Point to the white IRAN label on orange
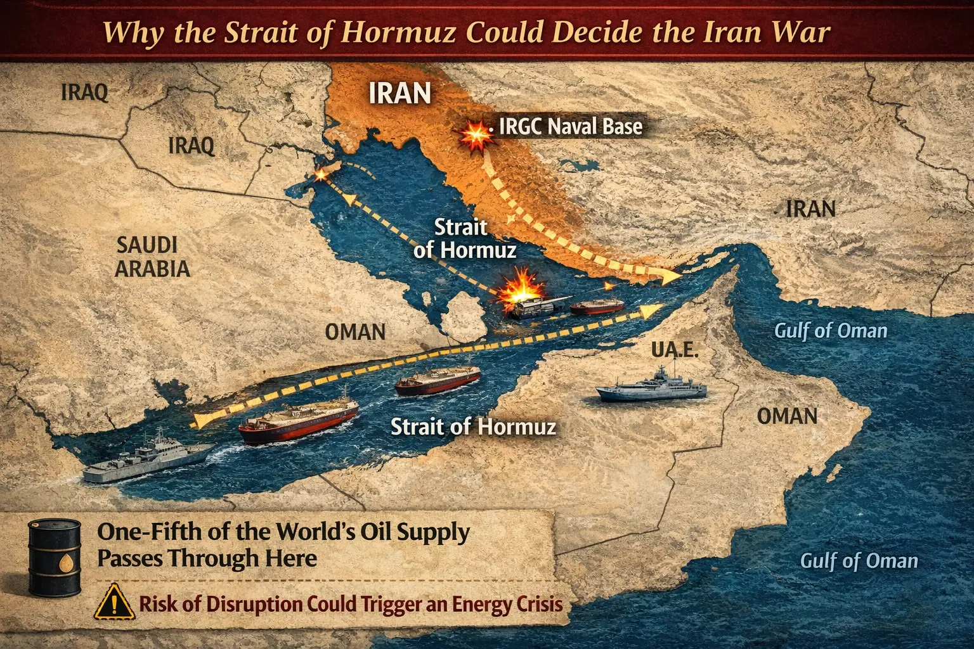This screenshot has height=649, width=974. pos(399,94)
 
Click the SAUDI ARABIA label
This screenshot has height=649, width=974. pos(152,257)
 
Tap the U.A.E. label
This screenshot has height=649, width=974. pos(675,350)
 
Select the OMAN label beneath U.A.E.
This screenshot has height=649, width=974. pos(787,416)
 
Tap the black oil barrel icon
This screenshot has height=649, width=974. pos(55,557)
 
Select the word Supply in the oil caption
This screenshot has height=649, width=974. pos(433,532)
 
